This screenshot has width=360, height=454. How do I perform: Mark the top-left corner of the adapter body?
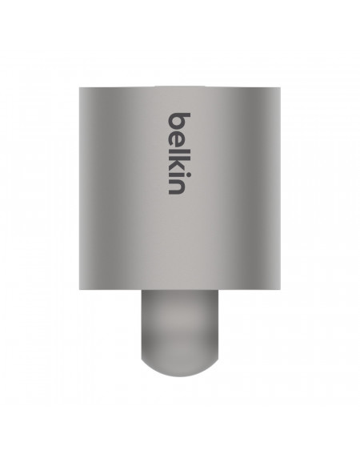coord(79,86)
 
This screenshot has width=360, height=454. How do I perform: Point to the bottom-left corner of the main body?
coord(79,289)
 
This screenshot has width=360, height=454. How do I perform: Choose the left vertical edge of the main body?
coord(78,188)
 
